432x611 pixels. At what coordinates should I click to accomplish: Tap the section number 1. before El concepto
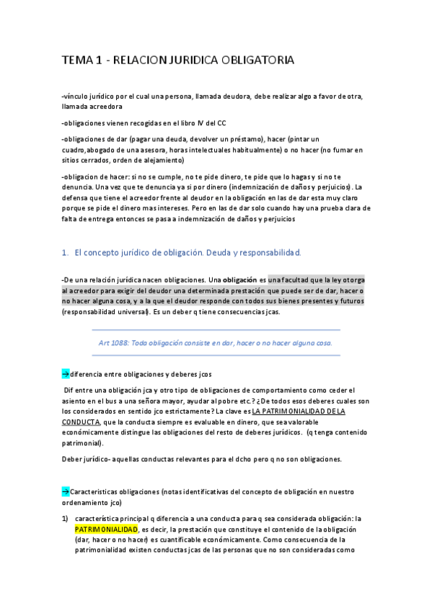(65, 253)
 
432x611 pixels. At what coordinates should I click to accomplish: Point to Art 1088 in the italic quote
(114, 343)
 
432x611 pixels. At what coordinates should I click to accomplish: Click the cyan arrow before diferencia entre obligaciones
(65, 374)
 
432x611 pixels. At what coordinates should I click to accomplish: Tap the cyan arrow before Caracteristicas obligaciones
(65, 491)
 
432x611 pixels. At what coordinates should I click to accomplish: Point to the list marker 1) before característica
(65, 518)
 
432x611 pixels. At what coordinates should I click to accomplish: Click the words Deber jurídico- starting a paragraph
(87, 459)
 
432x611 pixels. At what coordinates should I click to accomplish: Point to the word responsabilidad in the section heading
(275, 253)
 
